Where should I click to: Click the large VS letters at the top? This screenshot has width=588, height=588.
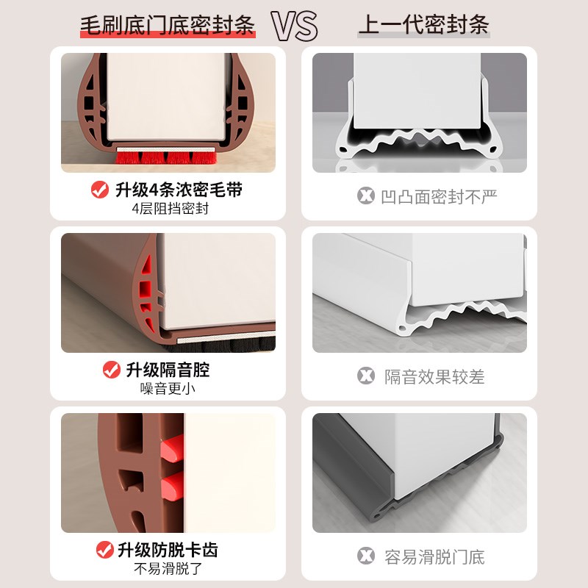pos(295,26)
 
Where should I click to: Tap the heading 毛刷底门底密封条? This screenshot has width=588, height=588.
pos(168,26)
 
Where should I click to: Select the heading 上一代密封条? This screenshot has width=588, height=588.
pos(423,26)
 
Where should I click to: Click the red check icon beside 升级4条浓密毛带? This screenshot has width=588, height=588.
pos(99,190)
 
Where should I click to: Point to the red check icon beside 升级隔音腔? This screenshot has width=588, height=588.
pos(111,369)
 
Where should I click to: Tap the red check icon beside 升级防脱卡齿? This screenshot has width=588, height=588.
pos(104,549)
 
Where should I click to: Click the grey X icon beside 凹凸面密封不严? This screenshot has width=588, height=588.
pos(365,196)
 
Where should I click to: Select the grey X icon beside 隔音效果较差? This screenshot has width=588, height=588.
pos(365,376)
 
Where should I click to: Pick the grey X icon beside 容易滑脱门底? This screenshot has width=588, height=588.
pos(365,556)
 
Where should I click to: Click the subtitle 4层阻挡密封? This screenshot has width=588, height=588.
pos(170,208)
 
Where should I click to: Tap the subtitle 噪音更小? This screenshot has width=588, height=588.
pos(168,388)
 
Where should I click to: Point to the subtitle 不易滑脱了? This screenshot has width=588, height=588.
pos(168,567)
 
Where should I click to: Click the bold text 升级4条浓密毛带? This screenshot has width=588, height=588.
pos(179,190)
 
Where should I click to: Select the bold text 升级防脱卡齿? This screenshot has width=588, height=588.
pos(168,549)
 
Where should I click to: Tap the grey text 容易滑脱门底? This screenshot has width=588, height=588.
pos(434,556)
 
